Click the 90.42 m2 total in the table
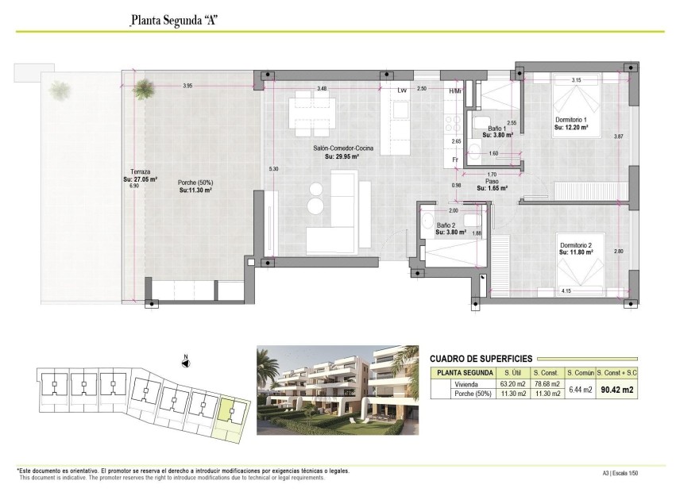point(617,389)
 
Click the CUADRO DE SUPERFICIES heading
point(480,359)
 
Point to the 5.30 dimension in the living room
point(273,169)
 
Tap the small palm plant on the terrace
point(144,87)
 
